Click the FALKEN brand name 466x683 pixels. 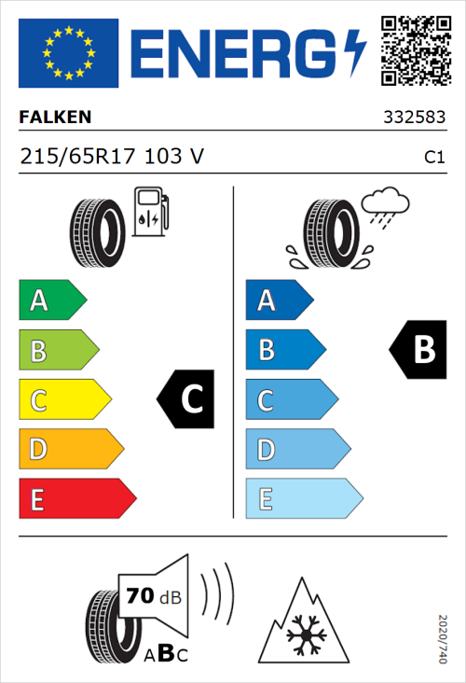57,118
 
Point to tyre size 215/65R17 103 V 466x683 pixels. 112,158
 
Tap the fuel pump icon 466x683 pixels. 149,211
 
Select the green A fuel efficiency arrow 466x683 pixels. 51,300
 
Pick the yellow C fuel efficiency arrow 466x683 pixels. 64,399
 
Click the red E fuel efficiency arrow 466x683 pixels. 76,498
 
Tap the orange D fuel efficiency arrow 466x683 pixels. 70,449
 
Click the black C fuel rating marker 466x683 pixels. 185,399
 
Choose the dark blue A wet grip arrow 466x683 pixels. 279,300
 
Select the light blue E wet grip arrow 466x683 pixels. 303,498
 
